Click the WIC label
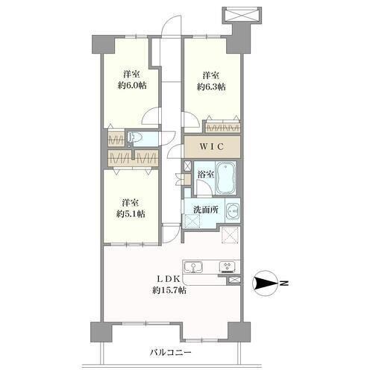pyautogui.click(x=212, y=147)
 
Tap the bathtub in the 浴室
pyautogui.click(x=225, y=178)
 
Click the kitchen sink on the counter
pyautogui.click(x=193, y=267)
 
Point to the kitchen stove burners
pyautogui.click(x=228, y=266)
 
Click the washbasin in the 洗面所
pyautogui.click(x=233, y=211)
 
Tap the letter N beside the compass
pyautogui.click(x=284, y=283)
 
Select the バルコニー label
pyautogui.click(x=171, y=352)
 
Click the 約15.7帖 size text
pyautogui.click(x=169, y=290)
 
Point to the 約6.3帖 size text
pyautogui.click(x=211, y=87)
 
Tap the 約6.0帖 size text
pyautogui.click(x=132, y=86)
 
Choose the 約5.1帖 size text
pyautogui.click(x=131, y=214)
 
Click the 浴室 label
pyautogui.click(x=205, y=175)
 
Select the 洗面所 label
pyautogui.click(x=206, y=210)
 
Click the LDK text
pyautogui.click(x=168, y=279)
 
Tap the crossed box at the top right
pyautogui.click(x=242, y=14)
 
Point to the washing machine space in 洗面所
pyautogui.click(x=192, y=221)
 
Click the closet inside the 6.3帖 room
pyautogui.click(x=222, y=128)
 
